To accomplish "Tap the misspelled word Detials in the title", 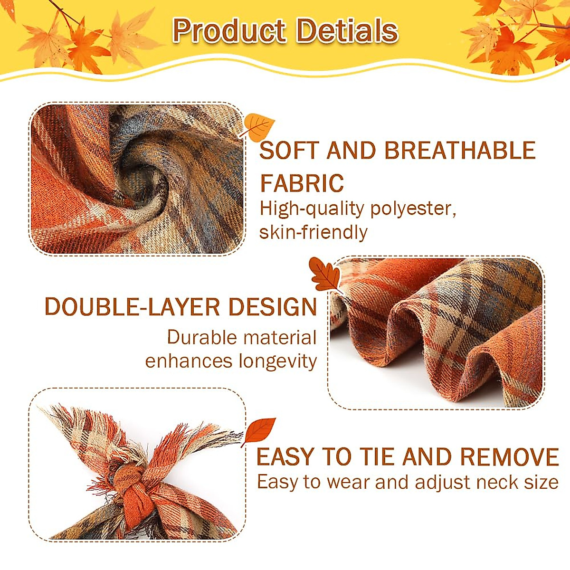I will pos(347,31).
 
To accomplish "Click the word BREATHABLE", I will pos(460,151).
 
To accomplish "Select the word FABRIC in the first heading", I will pos(302,183).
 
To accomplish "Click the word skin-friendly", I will pos(313,232).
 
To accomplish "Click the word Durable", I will pos(201,337).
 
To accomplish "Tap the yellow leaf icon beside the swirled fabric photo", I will pos(259,126).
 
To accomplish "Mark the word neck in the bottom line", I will pos(498,483).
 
